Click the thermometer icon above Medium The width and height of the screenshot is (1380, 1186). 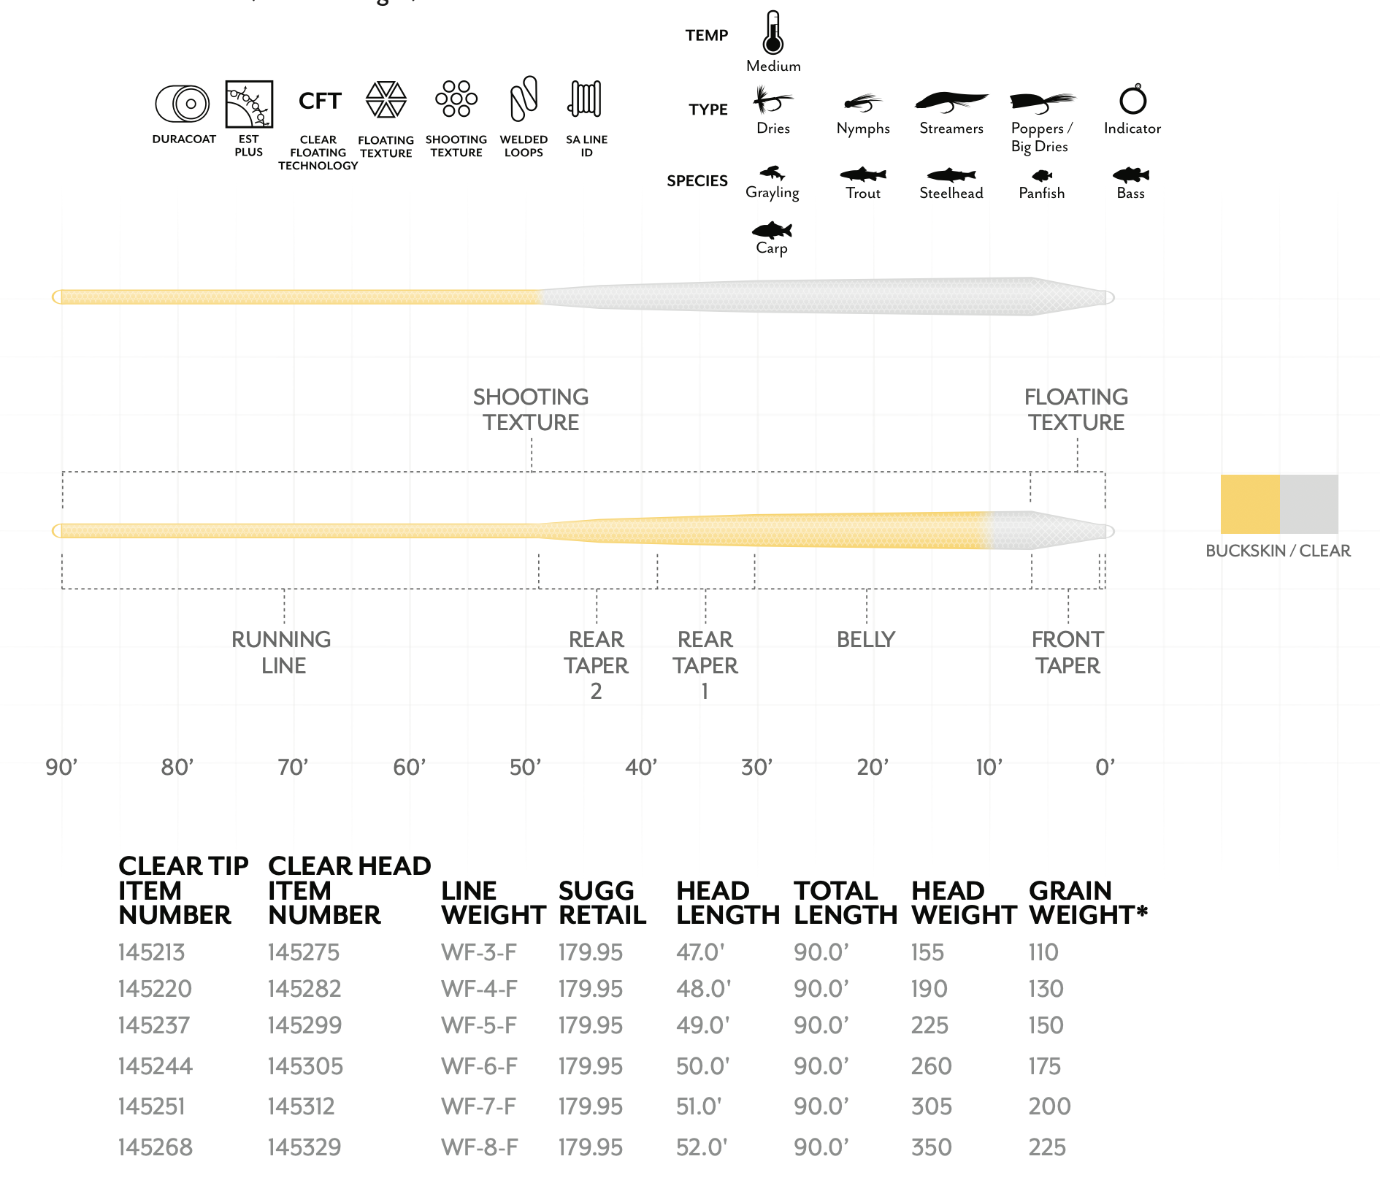tap(773, 34)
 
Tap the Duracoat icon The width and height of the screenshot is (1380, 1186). tap(183, 104)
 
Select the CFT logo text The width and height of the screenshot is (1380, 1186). tap(319, 101)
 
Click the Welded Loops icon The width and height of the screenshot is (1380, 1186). tap(524, 99)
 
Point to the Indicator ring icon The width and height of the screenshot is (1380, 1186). tap(1132, 99)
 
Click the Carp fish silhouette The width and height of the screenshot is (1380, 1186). tap(772, 231)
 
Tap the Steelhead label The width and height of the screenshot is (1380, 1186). tap(951, 193)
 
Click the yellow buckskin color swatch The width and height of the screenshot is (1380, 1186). tap(1250, 504)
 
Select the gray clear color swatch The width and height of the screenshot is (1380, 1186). tap(1309, 504)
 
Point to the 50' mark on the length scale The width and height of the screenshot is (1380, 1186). tap(525, 767)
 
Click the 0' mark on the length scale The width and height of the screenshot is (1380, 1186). tap(1105, 767)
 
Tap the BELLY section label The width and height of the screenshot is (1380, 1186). tap(866, 639)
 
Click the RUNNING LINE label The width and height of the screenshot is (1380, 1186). tap(282, 652)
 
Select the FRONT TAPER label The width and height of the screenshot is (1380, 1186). tap(1067, 652)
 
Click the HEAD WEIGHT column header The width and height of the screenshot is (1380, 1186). tap(963, 903)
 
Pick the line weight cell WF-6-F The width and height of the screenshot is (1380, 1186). tap(479, 1066)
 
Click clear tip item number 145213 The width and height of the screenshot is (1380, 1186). tap(152, 952)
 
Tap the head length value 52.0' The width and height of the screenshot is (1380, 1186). tap(702, 1147)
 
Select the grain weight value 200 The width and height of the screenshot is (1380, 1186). tap(1049, 1106)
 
